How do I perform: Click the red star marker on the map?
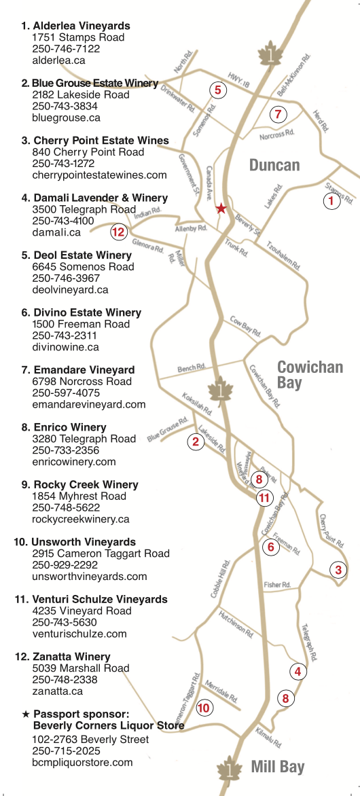point(221,209)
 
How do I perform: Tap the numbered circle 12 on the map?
point(119,232)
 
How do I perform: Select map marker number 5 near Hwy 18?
point(217,89)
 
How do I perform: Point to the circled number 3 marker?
point(339,570)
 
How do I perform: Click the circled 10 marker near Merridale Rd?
point(204,708)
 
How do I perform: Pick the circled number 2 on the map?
point(196,442)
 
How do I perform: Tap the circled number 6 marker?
point(270,547)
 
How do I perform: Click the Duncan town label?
point(274,165)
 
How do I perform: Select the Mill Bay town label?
point(278,767)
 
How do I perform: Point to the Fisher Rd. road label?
point(277,585)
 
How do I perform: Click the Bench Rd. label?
point(191,369)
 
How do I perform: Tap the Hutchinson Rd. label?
point(236,623)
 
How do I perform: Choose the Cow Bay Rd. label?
point(245,326)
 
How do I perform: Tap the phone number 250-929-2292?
point(66,565)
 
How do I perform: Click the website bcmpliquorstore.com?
point(82,762)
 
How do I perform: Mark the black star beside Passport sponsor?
point(26,714)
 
